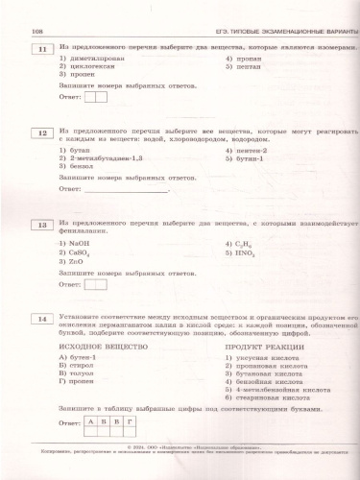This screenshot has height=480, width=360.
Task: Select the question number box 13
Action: (x=40, y=226)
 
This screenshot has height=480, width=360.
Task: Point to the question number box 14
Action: (x=40, y=318)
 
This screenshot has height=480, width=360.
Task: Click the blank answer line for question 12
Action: (x=125, y=188)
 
